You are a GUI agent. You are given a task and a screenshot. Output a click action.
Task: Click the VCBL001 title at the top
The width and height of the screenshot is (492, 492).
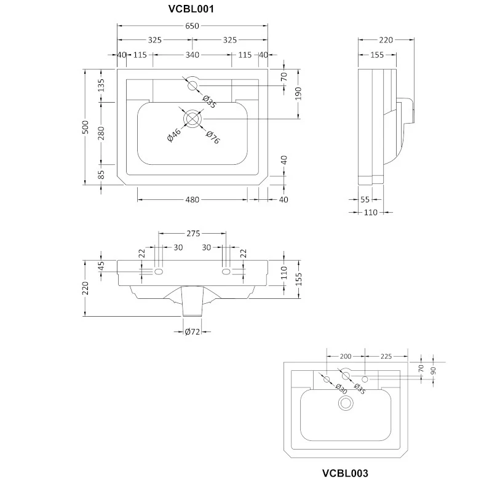coord(191,9)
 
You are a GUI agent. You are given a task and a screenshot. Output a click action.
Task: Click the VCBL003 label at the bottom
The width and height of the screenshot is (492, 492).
coord(345,473)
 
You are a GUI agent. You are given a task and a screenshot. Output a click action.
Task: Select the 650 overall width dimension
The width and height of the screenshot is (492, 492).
coord(192,26)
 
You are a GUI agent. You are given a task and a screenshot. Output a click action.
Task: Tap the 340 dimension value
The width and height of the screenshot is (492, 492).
coord(192,55)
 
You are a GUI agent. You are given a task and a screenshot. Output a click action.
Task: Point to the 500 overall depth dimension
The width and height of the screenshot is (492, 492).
coord(85,127)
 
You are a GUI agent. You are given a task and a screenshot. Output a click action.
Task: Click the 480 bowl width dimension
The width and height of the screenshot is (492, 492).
coord(192,199)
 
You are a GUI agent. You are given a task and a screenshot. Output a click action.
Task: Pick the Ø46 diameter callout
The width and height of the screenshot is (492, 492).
coord(174,135)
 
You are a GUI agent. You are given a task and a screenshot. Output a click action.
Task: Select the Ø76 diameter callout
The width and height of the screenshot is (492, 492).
coord(212,137)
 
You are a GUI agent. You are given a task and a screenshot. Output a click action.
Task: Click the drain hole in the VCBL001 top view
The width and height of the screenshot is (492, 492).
coord(192,119)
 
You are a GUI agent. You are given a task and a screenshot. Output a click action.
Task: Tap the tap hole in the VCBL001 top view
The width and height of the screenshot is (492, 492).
coord(192,85)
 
